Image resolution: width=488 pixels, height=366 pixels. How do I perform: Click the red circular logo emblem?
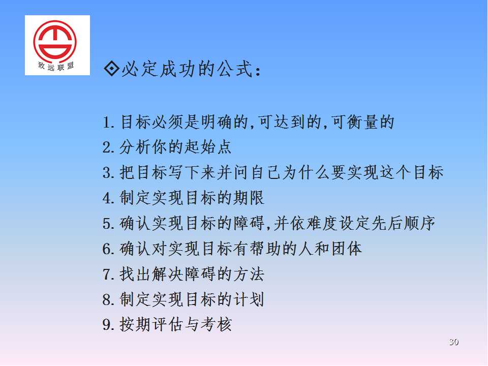(x=55, y=41)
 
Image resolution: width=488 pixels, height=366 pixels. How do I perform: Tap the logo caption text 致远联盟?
(x=56, y=66)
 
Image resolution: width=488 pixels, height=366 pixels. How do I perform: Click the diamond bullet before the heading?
(x=111, y=69)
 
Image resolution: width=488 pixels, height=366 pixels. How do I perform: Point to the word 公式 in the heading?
(x=235, y=69)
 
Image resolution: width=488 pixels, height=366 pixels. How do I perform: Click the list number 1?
(x=108, y=123)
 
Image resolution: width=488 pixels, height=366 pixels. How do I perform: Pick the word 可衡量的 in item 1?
(x=363, y=122)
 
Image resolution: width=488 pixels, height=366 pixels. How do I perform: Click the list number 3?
(x=108, y=173)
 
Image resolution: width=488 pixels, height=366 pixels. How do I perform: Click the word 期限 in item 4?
(x=249, y=198)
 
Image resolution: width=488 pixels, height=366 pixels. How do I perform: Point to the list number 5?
(x=108, y=224)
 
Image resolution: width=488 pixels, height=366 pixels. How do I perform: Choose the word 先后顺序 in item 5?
(x=403, y=224)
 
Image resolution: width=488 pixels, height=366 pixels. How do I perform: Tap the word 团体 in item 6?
(x=347, y=249)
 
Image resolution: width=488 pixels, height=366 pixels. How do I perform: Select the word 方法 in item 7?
(x=249, y=274)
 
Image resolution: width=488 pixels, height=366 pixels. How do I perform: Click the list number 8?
(x=108, y=300)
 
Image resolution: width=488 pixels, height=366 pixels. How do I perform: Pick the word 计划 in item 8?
(x=249, y=299)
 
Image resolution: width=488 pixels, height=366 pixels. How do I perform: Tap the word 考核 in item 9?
(x=216, y=325)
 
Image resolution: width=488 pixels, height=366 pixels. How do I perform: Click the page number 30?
(x=454, y=342)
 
